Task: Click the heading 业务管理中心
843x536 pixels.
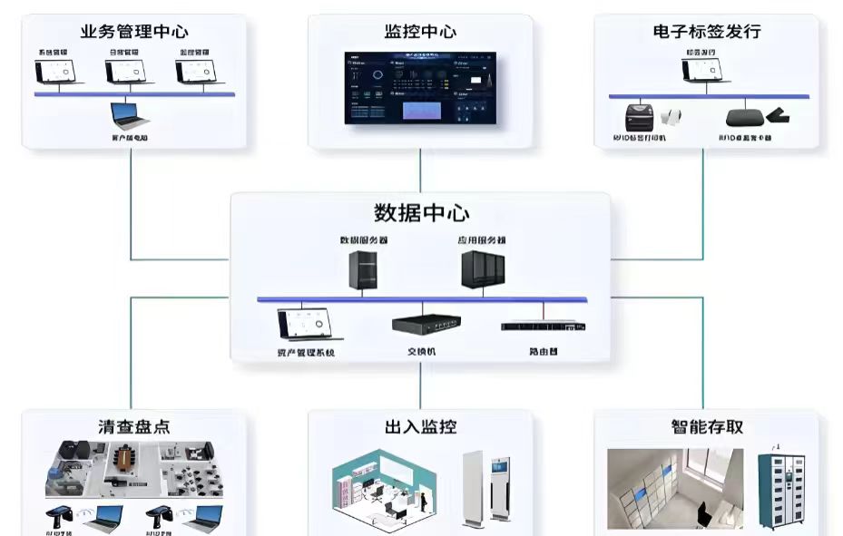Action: click(x=134, y=32)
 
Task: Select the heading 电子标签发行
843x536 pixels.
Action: click(x=706, y=32)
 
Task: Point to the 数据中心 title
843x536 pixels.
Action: click(x=421, y=213)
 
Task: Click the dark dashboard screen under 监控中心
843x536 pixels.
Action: click(x=420, y=87)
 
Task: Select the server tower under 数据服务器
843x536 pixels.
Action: click(x=363, y=270)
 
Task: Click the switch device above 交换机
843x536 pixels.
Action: click(x=423, y=325)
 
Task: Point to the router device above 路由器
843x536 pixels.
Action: click(x=543, y=326)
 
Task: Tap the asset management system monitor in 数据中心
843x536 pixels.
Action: click(x=306, y=325)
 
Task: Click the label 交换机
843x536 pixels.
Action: click(x=421, y=350)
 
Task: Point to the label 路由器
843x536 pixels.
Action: click(x=543, y=350)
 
